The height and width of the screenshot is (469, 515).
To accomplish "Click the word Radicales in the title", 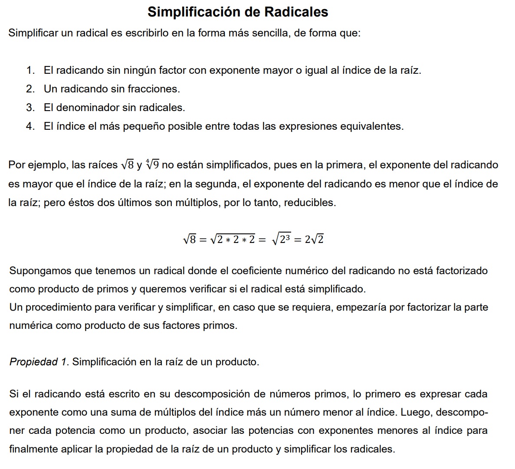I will pos(296,12).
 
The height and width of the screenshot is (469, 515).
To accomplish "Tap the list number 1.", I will pos(30,70).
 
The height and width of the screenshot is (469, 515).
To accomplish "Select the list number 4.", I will pos(30,126).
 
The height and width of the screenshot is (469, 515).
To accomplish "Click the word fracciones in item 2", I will pos(154,89).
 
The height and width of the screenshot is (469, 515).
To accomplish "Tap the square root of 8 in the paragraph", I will pos(128,165).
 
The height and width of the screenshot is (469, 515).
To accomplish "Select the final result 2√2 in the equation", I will pos(314,239).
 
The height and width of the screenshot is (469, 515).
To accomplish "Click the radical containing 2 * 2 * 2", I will pos(233,239).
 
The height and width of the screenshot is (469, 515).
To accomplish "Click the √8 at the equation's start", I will pos(190,239).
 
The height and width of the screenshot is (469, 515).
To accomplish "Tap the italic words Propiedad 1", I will pos(39,362).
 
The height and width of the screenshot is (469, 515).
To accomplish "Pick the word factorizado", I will pos(462,271).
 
